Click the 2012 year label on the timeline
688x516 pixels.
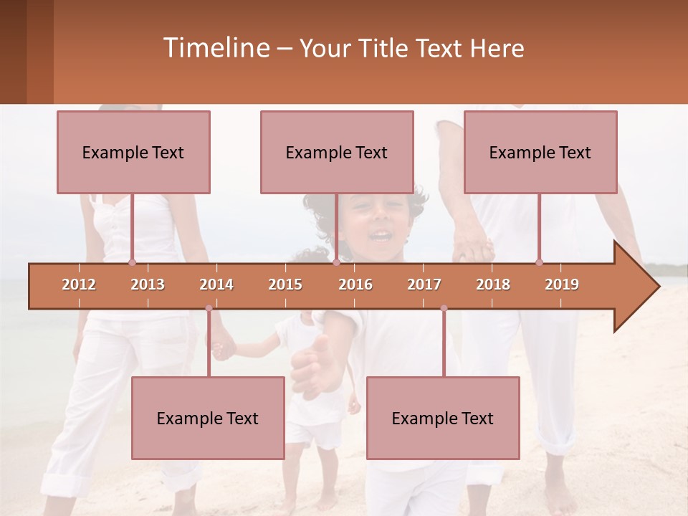(79, 285)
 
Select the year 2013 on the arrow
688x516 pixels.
(148, 285)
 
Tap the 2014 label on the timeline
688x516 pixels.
(216, 285)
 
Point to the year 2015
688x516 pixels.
(285, 285)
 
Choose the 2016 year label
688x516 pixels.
(355, 285)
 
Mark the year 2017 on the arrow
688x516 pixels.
(424, 285)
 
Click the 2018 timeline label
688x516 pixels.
(493, 285)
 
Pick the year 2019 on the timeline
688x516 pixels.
(562, 285)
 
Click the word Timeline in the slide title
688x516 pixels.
(215, 48)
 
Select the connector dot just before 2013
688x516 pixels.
(132, 262)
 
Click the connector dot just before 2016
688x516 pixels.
(336, 262)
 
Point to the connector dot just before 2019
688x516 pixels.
(540, 262)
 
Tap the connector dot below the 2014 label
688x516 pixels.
(209, 308)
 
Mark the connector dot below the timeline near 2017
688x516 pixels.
(444, 308)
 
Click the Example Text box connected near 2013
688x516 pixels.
(133, 153)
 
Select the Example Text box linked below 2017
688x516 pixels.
(443, 419)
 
